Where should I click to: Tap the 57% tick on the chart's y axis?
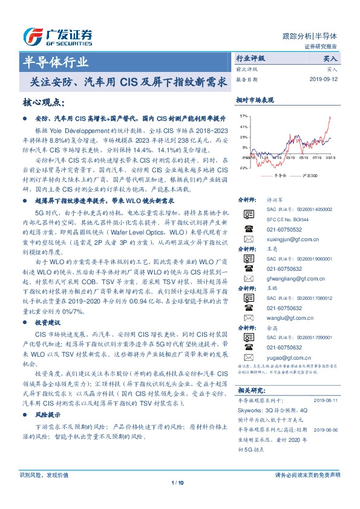pos(243,115)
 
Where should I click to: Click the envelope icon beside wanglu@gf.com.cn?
pos(247,317)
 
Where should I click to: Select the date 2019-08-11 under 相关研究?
pos(327,400)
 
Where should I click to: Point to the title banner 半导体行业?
pos(56,62)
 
